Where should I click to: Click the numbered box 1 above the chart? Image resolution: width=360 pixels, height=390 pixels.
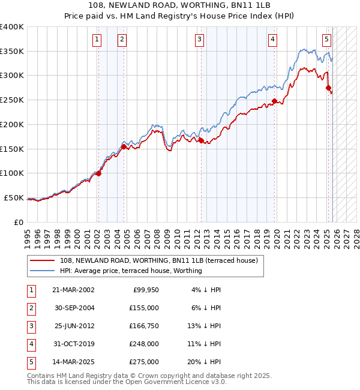97,40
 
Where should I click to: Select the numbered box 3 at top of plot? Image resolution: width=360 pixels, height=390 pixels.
199,40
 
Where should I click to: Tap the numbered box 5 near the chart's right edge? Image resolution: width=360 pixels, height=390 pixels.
326,40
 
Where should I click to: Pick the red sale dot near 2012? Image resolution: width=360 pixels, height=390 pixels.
201,141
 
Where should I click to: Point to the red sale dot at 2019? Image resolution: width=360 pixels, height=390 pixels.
274,101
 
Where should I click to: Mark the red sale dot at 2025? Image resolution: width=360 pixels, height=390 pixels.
328,88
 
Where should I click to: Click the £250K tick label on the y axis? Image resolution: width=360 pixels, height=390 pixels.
12,100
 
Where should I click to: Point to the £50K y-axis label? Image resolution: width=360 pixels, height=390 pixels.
14,197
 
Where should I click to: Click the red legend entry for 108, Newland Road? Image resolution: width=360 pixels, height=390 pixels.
158,260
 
